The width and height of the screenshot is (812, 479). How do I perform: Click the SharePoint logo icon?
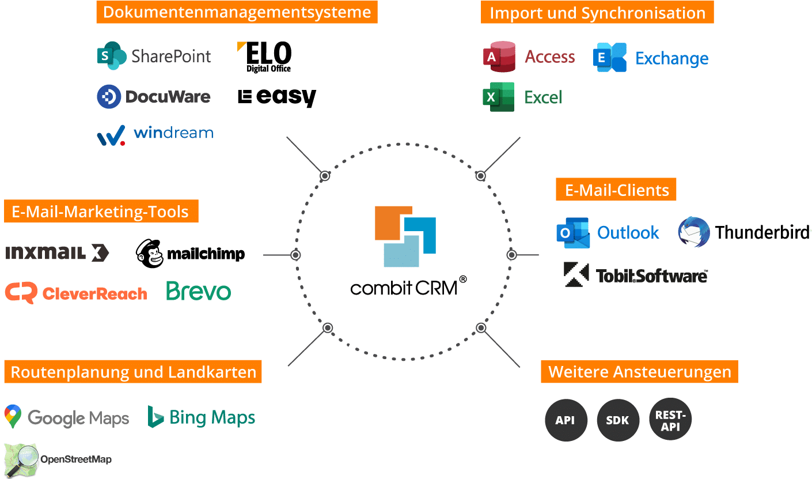pyautogui.click(x=111, y=56)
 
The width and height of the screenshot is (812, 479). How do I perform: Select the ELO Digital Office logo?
pyautogui.click(x=264, y=56)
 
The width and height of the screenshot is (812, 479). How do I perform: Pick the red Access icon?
pyautogui.click(x=499, y=56)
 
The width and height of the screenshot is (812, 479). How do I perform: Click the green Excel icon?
pyautogui.click(x=498, y=97)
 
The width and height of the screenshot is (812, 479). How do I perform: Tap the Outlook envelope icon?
pyautogui.click(x=573, y=233)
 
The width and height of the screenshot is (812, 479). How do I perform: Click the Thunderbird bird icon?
pyautogui.click(x=694, y=232)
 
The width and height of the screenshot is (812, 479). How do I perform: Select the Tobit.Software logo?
pyautogui.click(x=636, y=275)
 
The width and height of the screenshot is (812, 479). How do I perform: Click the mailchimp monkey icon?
pyautogui.click(x=150, y=254)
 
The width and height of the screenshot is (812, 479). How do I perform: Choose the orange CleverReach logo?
pyautogui.click(x=76, y=293)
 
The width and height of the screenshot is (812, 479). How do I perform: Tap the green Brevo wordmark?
pyautogui.click(x=199, y=291)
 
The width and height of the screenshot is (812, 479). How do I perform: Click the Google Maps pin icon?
pyautogui.click(x=13, y=417)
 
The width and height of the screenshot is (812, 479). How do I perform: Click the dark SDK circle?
pyautogui.click(x=618, y=420)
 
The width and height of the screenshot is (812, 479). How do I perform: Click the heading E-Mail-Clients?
pyautogui.click(x=616, y=190)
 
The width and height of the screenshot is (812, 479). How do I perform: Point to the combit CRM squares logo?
pyautogui.click(x=405, y=236)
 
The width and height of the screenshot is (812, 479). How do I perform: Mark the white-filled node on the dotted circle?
pyautogui.click(x=325, y=176)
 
